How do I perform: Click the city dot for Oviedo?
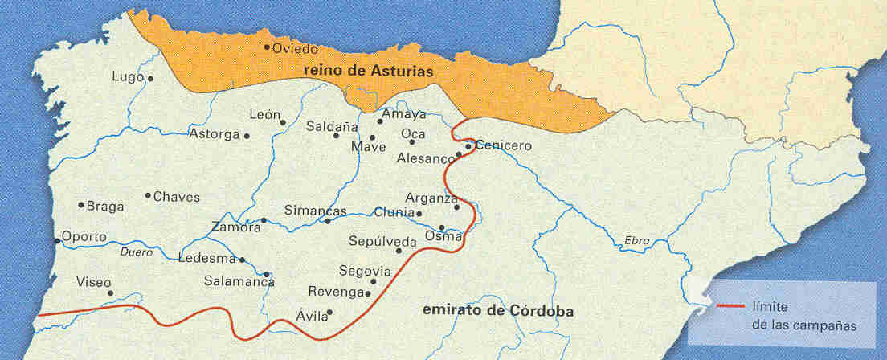coord(267,47)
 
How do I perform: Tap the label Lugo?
coord(128,77)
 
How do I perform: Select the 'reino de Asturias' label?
coord(369,71)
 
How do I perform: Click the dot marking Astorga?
coord(247,136)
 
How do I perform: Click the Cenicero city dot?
coord(468,146)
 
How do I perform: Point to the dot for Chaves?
coord(148,195)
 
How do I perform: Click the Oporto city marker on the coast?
coord(57,240)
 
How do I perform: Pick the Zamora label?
coord(235,227)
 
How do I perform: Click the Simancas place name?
coord(315,211)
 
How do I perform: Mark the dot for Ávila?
coord(329,313)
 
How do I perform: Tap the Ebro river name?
coord(637,240)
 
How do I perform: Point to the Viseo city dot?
coord(110,292)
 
